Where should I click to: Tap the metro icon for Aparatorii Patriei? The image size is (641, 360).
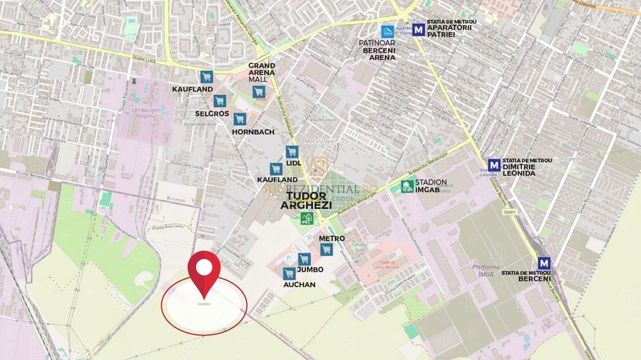pyautogui.click(x=418, y=30)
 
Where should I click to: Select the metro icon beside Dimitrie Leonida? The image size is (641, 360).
pyautogui.click(x=493, y=165)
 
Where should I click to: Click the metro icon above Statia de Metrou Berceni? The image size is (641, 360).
pyautogui.click(x=544, y=262)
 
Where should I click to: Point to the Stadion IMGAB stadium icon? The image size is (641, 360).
pyautogui.click(x=407, y=186)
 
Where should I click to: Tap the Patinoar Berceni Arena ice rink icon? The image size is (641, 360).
pyautogui.click(x=387, y=31)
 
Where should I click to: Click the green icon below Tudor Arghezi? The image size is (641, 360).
pyautogui.click(x=306, y=218)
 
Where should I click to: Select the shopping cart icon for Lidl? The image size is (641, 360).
pyautogui.click(x=292, y=152)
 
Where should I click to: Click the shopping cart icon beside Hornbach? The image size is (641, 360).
pyautogui.click(x=239, y=119)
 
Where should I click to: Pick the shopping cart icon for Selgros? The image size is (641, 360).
pyautogui.click(x=219, y=101)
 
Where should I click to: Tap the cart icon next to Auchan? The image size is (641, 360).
pyautogui.click(x=289, y=273)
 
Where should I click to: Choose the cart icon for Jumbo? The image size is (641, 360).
pyautogui.click(x=304, y=259)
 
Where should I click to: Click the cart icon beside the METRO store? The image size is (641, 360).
pyautogui.click(x=327, y=249)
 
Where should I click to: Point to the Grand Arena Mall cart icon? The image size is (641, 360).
pyautogui.click(x=258, y=92)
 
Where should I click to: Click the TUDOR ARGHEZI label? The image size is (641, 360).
pyautogui.click(x=307, y=200)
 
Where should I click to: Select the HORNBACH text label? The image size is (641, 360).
pyautogui.click(x=254, y=131)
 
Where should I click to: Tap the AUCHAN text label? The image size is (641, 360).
pyautogui.click(x=299, y=285)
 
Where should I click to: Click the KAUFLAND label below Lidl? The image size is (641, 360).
pyautogui.click(x=277, y=180)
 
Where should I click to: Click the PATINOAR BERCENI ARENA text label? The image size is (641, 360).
pyautogui.click(x=377, y=49)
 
